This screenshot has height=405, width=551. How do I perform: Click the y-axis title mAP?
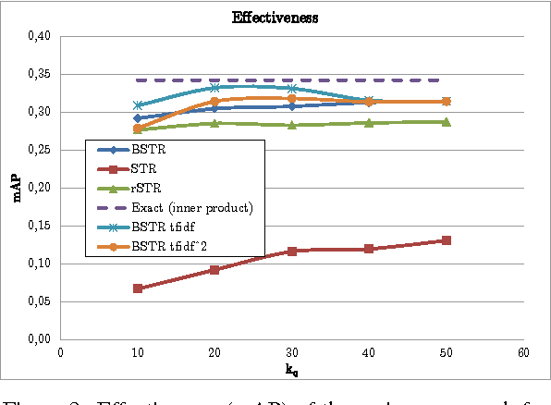[15, 188]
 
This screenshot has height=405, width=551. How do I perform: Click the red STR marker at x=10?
[138, 288]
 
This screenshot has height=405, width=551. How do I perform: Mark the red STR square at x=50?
[447, 240]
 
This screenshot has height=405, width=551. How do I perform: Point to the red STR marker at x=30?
[292, 252]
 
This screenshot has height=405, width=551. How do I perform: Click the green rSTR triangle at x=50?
[447, 122]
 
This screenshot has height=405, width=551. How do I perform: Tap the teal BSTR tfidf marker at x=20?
[214, 88]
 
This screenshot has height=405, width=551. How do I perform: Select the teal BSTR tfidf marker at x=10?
[138, 106]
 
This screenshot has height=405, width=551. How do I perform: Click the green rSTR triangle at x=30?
[292, 124]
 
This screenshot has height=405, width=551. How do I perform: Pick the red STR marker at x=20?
[214, 270]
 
